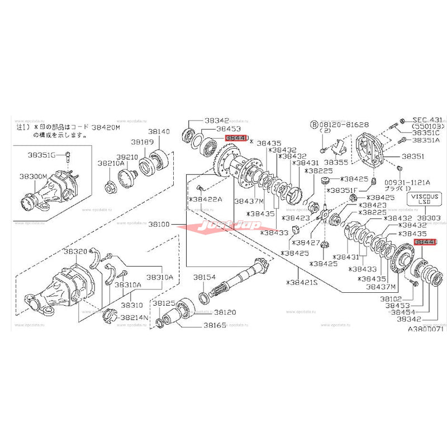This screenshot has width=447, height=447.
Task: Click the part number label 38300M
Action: (32, 176)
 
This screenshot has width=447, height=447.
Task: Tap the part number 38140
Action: (158, 132)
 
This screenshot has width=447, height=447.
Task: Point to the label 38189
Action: (142, 142)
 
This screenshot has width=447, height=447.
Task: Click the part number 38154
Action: (205, 277)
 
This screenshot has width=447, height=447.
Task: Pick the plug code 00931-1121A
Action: (406, 182)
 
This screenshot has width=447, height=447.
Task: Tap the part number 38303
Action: (429, 217)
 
